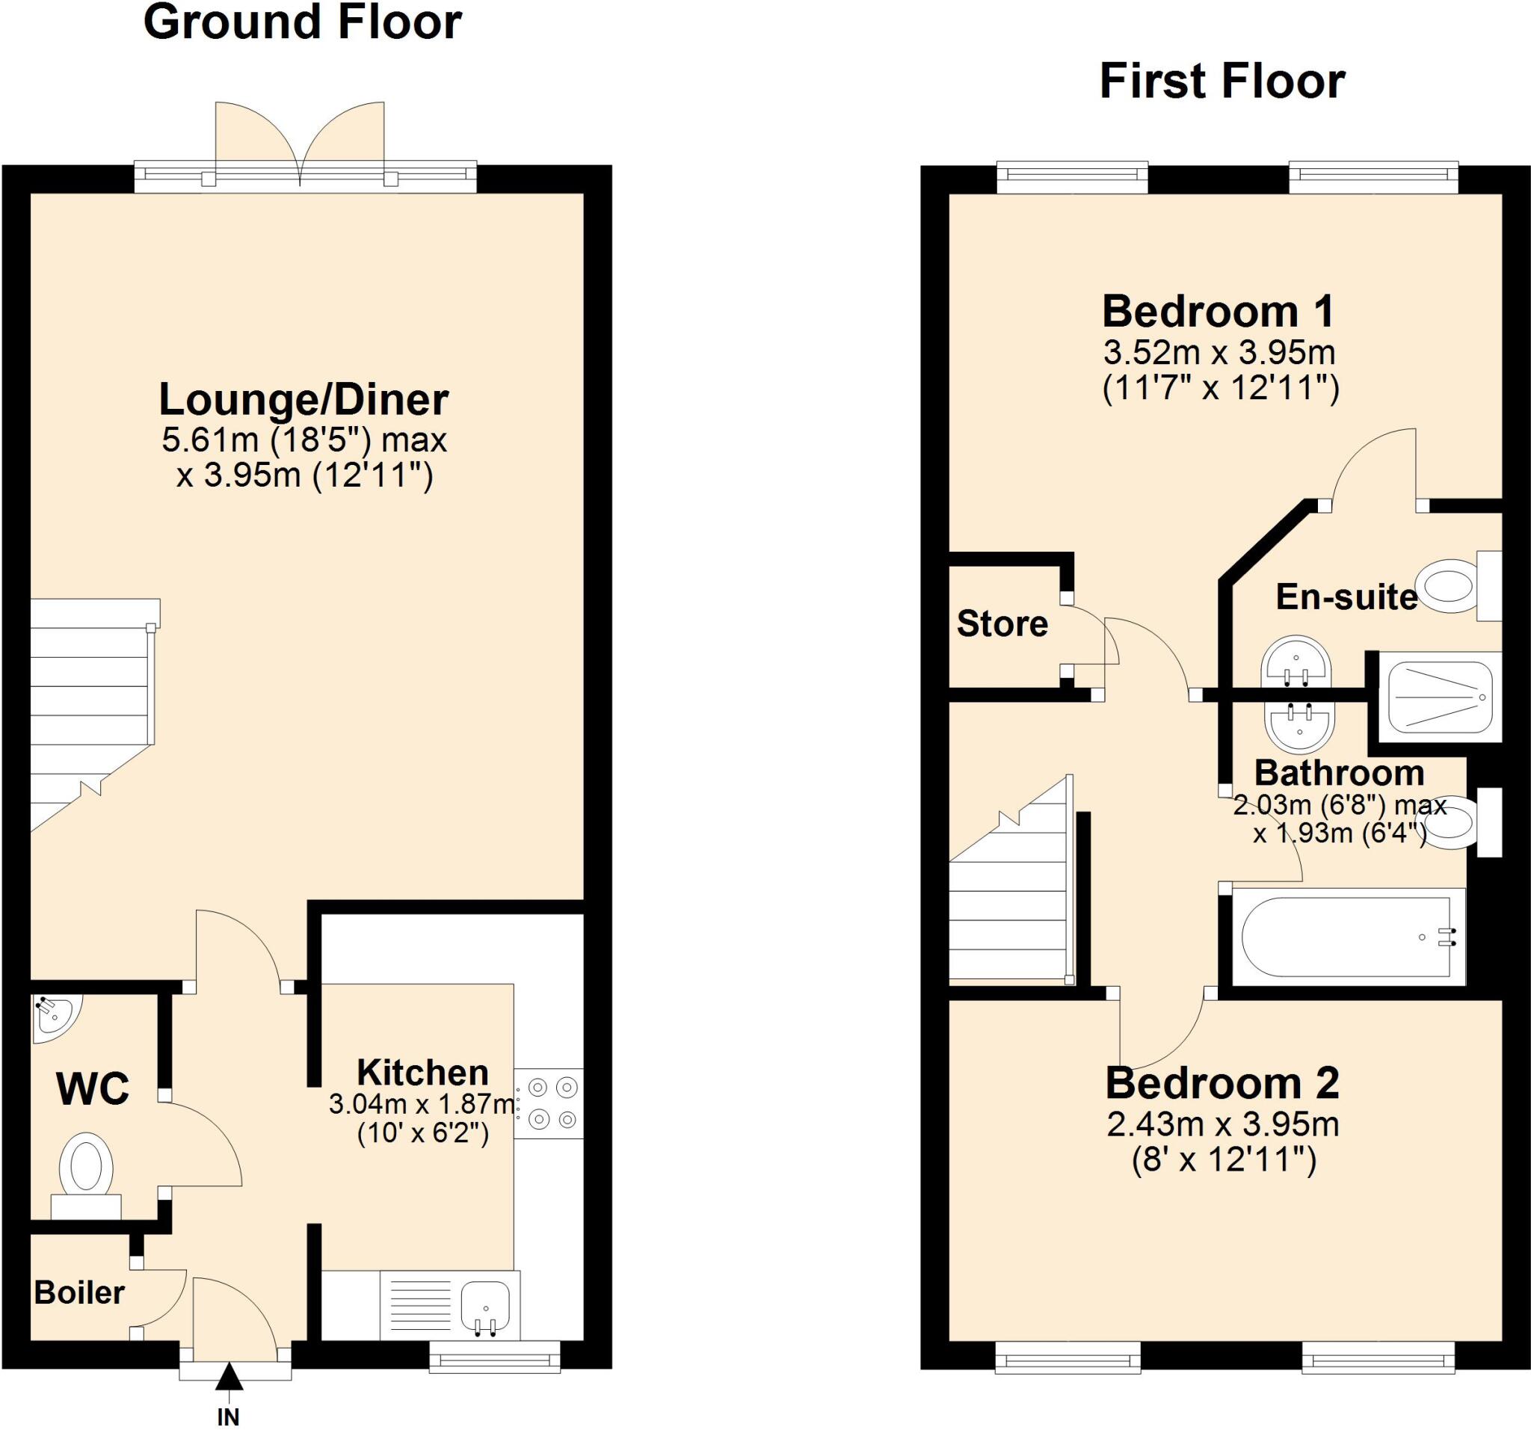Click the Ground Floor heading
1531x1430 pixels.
tap(303, 23)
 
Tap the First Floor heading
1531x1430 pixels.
tap(1222, 81)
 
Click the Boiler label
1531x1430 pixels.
tap(79, 1293)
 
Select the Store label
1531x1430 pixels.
tap(1002, 623)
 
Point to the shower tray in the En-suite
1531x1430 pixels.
tap(1438, 697)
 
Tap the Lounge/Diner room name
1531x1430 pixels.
tap(304, 400)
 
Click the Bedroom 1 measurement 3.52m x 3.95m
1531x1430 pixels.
tap(1219, 354)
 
